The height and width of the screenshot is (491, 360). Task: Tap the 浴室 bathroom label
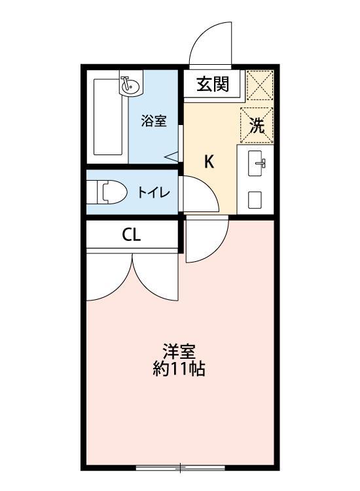tap(154, 120)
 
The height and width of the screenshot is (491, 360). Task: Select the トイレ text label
tap(154, 192)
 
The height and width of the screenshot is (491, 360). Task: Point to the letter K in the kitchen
tap(209, 162)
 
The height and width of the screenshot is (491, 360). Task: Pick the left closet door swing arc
tap(109, 278)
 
